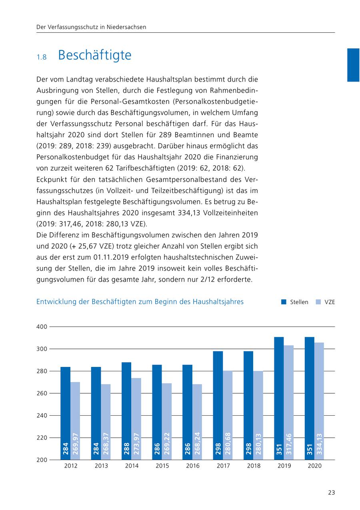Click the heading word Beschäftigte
tap(95, 55)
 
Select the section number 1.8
tap(42, 57)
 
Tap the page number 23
tap(331, 492)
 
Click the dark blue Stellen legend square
tap(284, 302)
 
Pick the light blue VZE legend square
tap(318, 302)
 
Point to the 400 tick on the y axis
tap(42, 327)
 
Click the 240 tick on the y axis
tap(42, 416)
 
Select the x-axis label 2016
tap(193, 466)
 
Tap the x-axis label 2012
tap(71, 466)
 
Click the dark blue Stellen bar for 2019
tap(279, 392)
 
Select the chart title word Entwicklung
tap(56, 302)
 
